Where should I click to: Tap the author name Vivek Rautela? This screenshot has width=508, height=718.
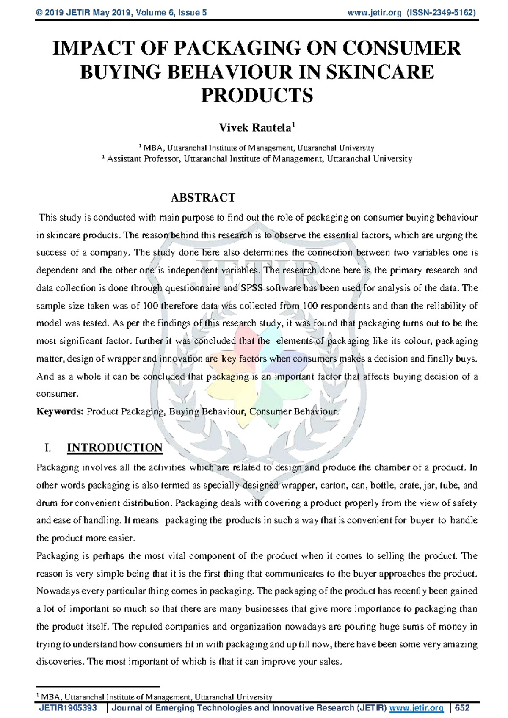tap(255, 127)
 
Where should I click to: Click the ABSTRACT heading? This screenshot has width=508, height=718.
tap(203, 198)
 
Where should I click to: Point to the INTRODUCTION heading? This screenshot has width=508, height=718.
tap(115, 447)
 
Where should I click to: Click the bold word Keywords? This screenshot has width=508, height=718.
tap(60, 411)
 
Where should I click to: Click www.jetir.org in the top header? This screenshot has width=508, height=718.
tap(374, 13)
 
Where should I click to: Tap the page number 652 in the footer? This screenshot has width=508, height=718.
tap(462, 708)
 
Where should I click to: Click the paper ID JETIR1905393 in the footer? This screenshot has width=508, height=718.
tap(68, 708)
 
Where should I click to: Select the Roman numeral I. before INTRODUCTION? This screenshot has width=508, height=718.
tap(47, 448)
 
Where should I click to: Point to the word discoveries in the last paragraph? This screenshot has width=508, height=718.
tap(60, 662)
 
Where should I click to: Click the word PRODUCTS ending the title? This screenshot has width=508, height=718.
tap(257, 95)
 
